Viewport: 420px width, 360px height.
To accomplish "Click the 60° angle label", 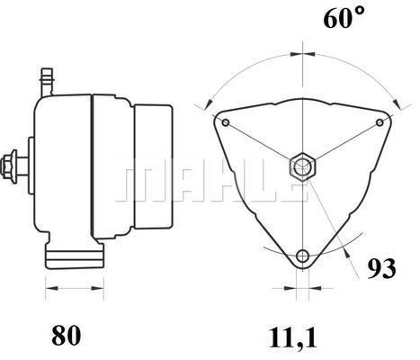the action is click(344, 17).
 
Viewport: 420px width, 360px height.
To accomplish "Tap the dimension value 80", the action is click(67, 336).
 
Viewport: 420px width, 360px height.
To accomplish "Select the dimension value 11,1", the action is click(293, 337).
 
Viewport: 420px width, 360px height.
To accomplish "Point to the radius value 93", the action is click(381, 268).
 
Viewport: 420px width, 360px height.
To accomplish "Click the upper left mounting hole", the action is click(226, 122).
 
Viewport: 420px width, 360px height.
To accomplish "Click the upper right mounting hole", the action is click(380, 122).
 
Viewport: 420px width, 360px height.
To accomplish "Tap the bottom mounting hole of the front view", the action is click(302, 256).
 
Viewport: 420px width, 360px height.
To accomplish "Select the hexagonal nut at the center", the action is click(302, 166).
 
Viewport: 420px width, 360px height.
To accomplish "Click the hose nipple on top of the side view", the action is click(47, 82).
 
